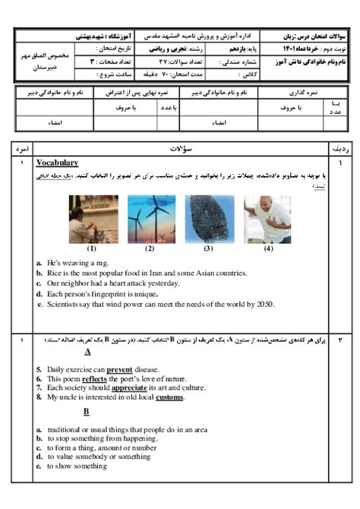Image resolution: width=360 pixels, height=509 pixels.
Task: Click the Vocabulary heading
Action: (x=57, y=163)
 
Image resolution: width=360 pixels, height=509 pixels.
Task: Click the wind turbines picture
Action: (x=150, y=219)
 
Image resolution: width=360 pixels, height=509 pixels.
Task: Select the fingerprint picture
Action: (x=208, y=219)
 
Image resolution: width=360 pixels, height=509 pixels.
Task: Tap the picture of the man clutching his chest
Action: (x=267, y=219)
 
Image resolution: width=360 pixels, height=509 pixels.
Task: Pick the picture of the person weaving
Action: (x=92, y=219)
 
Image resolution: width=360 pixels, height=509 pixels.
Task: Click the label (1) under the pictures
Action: (x=92, y=248)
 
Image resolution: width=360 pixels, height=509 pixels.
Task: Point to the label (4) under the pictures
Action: (x=267, y=248)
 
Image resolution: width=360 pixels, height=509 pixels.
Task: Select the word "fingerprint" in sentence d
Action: (x=123, y=294)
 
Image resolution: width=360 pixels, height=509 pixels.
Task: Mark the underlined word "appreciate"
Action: (x=128, y=387)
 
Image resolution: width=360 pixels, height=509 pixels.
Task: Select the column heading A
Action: (x=88, y=353)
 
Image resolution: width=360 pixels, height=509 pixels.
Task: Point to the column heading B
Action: (x=87, y=412)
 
